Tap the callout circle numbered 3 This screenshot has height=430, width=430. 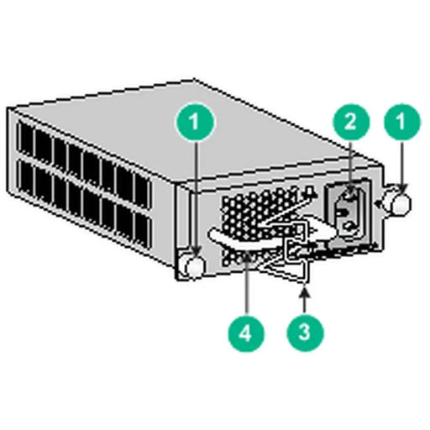(305, 330)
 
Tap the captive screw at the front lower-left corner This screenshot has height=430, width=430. (192, 265)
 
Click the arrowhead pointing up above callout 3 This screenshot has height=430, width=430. (305, 291)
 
